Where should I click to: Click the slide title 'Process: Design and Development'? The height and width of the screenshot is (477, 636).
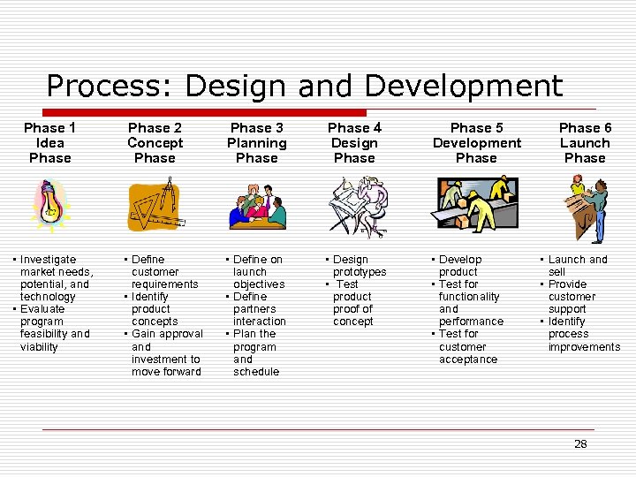tap(304, 86)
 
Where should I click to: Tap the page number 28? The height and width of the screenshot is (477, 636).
tap(580, 444)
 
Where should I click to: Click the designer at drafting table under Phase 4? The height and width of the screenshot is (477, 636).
tap(358, 207)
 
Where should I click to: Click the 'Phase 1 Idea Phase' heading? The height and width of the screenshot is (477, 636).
tap(49, 143)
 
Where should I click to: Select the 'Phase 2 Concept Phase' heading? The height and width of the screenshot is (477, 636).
tap(155, 143)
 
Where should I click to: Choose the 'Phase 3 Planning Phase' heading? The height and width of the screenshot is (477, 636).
tap(257, 143)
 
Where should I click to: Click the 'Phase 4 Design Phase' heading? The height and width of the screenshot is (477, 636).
tap(354, 143)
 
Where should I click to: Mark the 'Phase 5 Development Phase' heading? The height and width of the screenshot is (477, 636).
tap(476, 143)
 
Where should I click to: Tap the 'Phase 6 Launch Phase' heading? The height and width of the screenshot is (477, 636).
tap(585, 143)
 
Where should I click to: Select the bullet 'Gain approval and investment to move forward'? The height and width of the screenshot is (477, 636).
tap(165, 352)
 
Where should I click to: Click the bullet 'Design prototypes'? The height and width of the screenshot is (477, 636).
tap(358, 266)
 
